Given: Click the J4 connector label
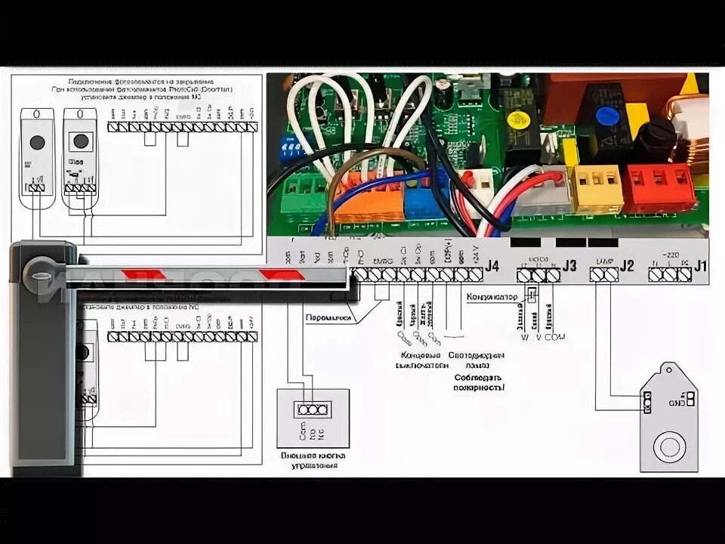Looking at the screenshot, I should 492,266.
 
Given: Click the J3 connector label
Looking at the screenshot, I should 569,266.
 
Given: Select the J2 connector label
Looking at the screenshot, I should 627,266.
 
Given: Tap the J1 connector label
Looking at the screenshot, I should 701,266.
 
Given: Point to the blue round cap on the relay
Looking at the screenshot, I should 603,116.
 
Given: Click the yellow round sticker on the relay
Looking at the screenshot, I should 517,120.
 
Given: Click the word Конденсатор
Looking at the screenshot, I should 492,297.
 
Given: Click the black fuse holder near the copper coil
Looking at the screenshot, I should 651,139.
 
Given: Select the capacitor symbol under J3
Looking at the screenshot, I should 531,297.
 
